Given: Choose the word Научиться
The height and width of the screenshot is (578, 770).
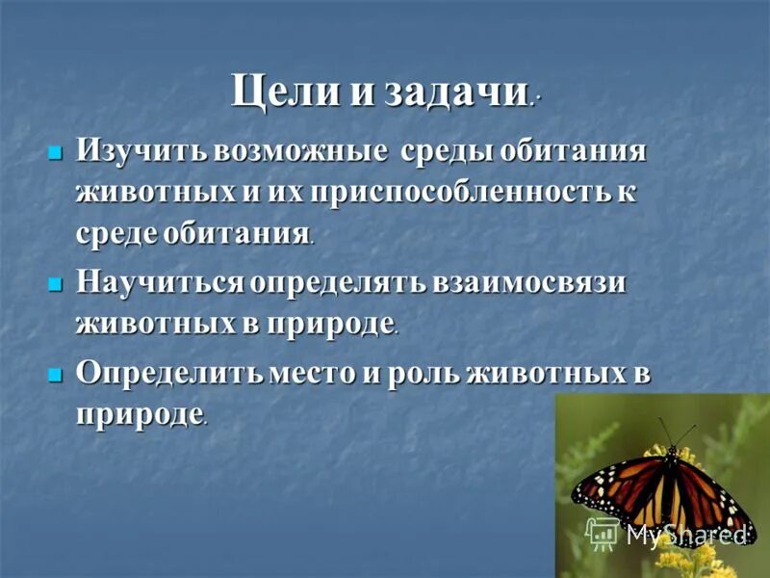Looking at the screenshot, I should tap(158, 282).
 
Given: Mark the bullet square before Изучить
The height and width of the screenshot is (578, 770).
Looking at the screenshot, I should tap(55, 152).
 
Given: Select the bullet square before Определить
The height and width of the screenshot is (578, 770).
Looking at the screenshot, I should tap(55, 374).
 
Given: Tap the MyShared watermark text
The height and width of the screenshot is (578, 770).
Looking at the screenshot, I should tap(685, 533).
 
